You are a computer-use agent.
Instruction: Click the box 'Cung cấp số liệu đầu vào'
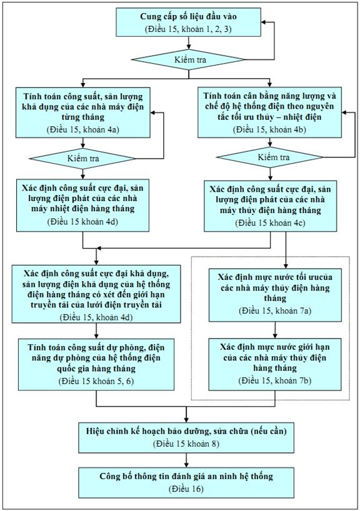[x=189, y=22]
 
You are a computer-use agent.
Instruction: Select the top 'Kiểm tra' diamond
[x=188, y=59]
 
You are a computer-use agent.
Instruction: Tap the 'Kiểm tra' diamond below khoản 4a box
[x=82, y=159]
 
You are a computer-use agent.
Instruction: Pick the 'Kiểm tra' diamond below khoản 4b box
[x=269, y=157]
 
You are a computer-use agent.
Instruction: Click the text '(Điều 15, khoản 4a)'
[x=82, y=129]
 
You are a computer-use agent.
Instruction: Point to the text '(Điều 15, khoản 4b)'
[x=269, y=129]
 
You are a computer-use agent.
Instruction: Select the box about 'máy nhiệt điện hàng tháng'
[x=83, y=206]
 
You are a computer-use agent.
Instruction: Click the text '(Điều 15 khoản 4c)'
[x=270, y=223]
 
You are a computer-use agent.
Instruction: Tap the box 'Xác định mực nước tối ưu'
[x=275, y=295]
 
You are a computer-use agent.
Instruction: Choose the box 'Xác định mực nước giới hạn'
[x=275, y=364]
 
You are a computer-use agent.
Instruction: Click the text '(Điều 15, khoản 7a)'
[x=275, y=310]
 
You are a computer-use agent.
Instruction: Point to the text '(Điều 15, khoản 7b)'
[x=275, y=380]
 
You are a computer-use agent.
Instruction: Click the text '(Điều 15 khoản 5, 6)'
[x=96, y=381]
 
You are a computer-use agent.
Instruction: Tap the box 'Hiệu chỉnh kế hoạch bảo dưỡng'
[x=186, y=438]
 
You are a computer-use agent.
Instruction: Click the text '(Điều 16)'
[x=186, y=489]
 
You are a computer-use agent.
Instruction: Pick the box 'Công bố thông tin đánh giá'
[x=186, y=483]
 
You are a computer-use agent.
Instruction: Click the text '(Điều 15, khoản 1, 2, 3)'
[x=189, y=29]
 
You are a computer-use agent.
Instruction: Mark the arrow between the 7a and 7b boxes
[x=275, y=330]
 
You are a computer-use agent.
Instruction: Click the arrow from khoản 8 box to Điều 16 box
[x=186, y=460]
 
